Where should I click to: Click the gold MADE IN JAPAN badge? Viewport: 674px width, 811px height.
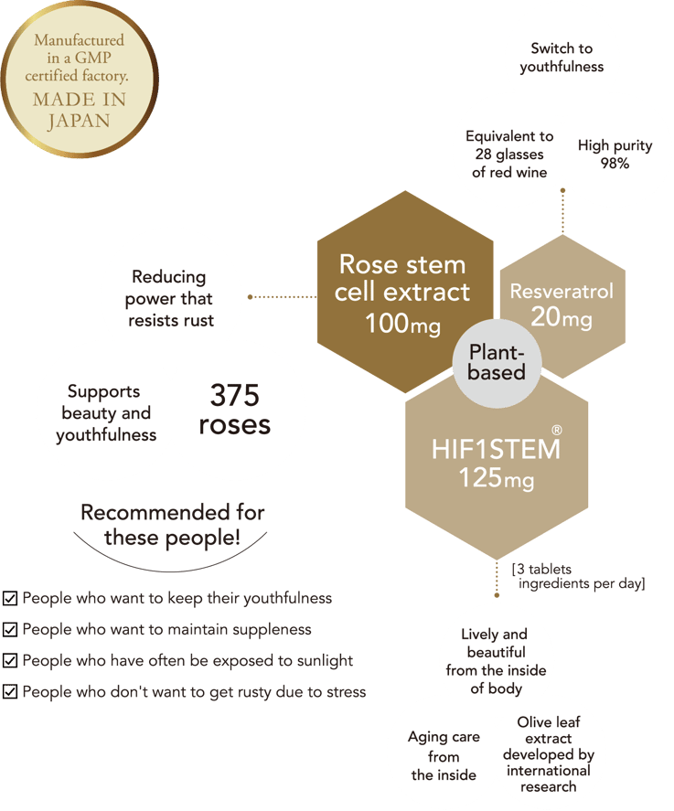tap(80, 80)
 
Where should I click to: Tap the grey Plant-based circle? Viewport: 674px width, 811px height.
tap(497, 363)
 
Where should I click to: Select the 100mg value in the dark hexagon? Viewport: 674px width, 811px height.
tap(403, 324)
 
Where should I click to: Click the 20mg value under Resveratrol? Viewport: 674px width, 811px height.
tap(562, 316)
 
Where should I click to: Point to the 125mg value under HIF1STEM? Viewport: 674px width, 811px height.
tap(497, 477)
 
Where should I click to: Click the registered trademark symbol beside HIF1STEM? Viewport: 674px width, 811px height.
tap(557, 430)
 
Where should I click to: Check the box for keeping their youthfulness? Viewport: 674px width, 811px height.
tap(10, 599)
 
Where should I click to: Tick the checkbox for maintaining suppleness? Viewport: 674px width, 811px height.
tap(10, 629)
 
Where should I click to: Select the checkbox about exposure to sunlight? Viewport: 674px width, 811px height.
tap(10, 660)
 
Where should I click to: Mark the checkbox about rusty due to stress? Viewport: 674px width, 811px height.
tap(10, 691)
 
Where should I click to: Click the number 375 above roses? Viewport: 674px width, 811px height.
tap(234, 396)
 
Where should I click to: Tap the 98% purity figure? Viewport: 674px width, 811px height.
tap(615, 164)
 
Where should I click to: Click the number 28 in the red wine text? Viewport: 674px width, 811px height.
tap(483, 155)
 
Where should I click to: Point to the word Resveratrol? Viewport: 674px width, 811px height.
tap(562, 291)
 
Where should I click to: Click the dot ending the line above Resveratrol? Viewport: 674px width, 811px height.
tap(562, 191)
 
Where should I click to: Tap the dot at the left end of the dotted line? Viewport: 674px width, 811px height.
tap(250, 297)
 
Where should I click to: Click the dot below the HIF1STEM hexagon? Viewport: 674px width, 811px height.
tap(497, 595)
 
